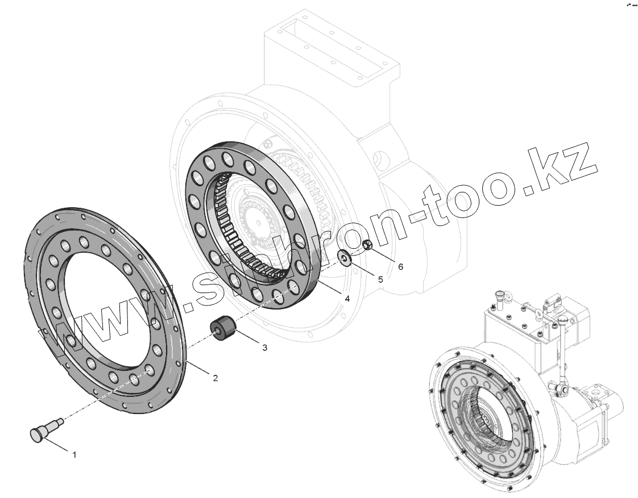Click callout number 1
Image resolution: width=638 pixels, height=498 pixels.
pos(74,455)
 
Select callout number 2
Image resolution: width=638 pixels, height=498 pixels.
pos(216,378)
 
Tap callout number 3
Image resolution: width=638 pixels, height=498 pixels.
pos(264,348)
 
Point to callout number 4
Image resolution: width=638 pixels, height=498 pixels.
pos(347,299)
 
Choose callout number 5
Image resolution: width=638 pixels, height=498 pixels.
pos(380,279)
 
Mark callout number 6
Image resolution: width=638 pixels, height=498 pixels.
pos(400,266)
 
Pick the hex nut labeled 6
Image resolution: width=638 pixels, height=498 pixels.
pos(367,245)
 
